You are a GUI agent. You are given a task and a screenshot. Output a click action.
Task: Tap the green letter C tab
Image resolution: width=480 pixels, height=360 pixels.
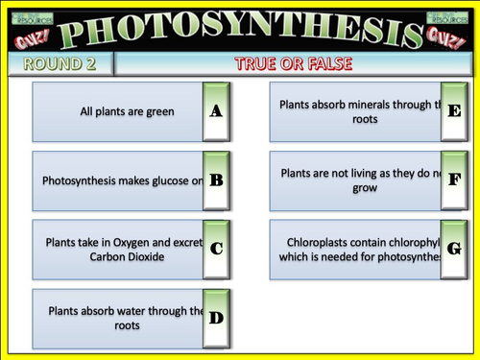point(216,249)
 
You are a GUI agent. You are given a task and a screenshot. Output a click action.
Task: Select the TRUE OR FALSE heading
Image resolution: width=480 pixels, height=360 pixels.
point(292,64)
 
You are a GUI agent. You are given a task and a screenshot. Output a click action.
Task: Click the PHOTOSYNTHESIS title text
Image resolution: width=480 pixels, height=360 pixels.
point(239,29)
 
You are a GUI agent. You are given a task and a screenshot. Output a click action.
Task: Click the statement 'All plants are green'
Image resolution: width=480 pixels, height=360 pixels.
point(127,111)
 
